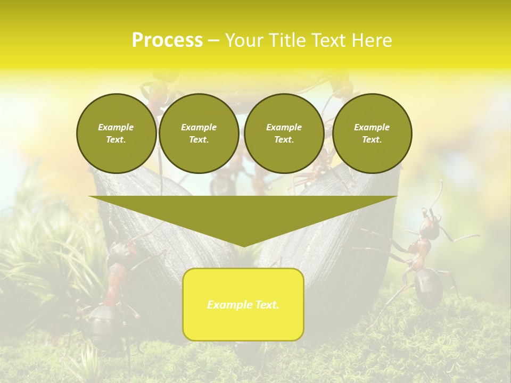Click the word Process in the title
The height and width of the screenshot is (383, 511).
[167, 40]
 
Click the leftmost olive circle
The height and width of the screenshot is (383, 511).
[116, 134]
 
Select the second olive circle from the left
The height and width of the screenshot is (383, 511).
[199, 134]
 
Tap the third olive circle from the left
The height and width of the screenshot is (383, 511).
[284, 134]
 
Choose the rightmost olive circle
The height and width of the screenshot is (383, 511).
[372, 134]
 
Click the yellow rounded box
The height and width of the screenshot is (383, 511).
[243, 304]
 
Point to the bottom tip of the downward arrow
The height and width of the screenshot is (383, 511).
[243, 246]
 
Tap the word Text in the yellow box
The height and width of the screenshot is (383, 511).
[267, 305]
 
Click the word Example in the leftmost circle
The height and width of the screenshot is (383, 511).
[116, 127]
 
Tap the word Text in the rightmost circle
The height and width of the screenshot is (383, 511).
[372, 140]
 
